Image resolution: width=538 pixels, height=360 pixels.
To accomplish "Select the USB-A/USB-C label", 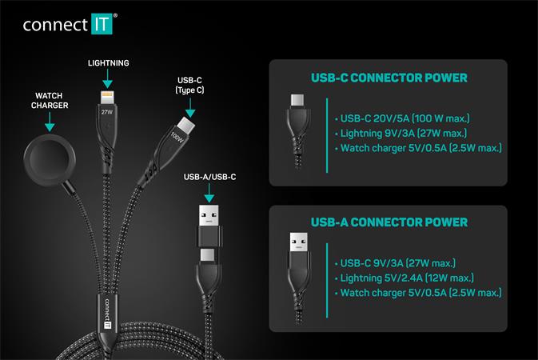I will [209, 175].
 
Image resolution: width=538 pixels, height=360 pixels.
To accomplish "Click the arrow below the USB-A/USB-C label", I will [209, 193].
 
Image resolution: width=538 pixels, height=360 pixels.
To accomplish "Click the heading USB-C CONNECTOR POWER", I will [389, 78].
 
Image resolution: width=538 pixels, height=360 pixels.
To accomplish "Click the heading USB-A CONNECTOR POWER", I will [389, 222].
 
